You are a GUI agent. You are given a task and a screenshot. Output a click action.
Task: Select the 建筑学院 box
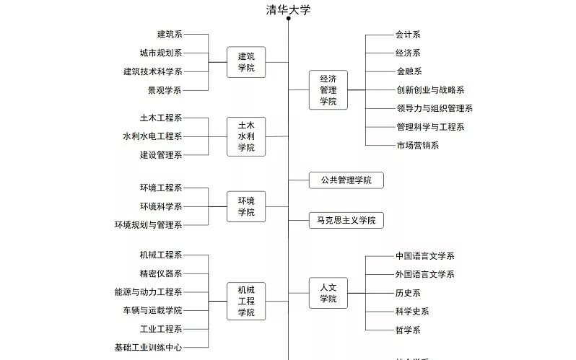246,62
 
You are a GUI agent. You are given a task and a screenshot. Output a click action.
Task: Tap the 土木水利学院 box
246,136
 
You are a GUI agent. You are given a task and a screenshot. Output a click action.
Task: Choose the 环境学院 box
246,206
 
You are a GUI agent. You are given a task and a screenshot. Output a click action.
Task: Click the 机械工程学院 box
246,301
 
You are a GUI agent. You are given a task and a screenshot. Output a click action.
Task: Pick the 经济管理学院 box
328,89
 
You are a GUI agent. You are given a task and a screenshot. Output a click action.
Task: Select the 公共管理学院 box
346,180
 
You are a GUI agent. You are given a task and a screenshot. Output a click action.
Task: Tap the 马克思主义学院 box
346,220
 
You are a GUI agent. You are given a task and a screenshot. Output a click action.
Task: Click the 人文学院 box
328,293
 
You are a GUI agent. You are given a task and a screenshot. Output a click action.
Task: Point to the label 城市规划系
160,53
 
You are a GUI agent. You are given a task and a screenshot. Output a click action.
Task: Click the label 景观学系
165,90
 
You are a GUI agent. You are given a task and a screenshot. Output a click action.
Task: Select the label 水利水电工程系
152,136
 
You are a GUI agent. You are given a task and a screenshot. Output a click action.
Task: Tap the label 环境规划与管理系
148,225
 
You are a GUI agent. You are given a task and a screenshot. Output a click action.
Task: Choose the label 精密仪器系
160,273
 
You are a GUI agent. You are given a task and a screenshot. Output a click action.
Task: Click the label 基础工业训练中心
148,347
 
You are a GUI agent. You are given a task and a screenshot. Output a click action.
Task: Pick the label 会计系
408,34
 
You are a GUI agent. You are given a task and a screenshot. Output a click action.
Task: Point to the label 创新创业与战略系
429,89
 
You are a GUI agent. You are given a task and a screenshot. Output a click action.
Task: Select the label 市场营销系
417,145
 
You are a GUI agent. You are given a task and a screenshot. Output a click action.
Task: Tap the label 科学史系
412,311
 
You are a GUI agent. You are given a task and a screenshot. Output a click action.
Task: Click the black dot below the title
288,19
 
